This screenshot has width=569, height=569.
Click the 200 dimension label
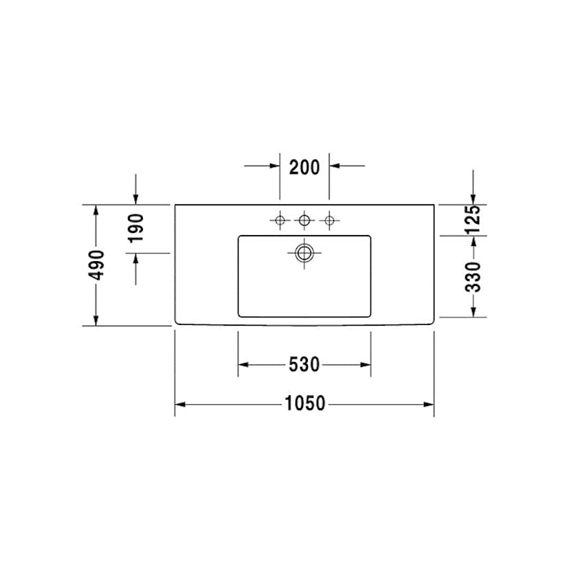click(304, 167)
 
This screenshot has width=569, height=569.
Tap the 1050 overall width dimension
click(304, 404)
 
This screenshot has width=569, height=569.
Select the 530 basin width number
click(304, 364)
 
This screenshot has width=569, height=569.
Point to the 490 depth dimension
click(98, 265)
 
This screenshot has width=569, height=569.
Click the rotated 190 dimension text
click(136, 227)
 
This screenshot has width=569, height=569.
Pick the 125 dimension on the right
click(473, 220)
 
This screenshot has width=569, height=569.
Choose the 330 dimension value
click(473, 276)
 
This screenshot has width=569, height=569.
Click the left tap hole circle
click(280, 221)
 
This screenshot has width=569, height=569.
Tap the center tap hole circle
click(304, 221)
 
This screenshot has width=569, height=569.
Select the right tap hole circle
click(329, 221)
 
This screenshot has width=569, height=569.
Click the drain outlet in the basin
click(304, 253)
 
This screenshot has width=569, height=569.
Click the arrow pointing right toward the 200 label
click(274, 166)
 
